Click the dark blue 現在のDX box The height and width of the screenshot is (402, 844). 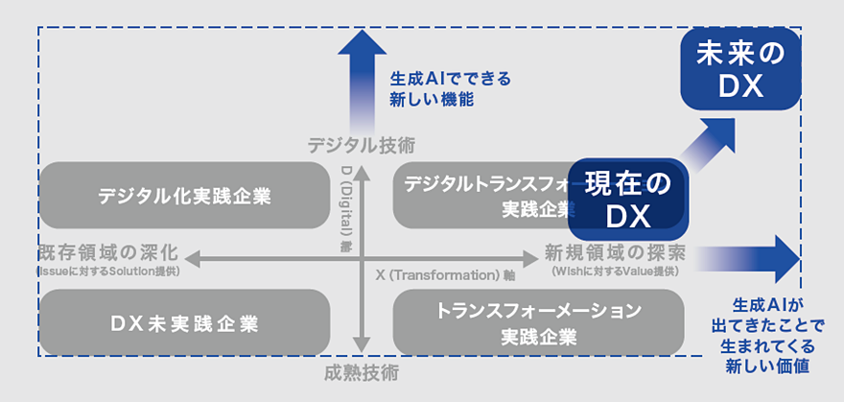click(x=629, y=200)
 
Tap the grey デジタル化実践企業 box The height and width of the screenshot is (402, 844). click(x=184, y=196)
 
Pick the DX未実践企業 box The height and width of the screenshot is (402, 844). click(x=184, y=323)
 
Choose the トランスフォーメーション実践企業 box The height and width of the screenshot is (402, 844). click(x=538, y=323)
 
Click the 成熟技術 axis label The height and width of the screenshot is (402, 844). click(x=362, y=372)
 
